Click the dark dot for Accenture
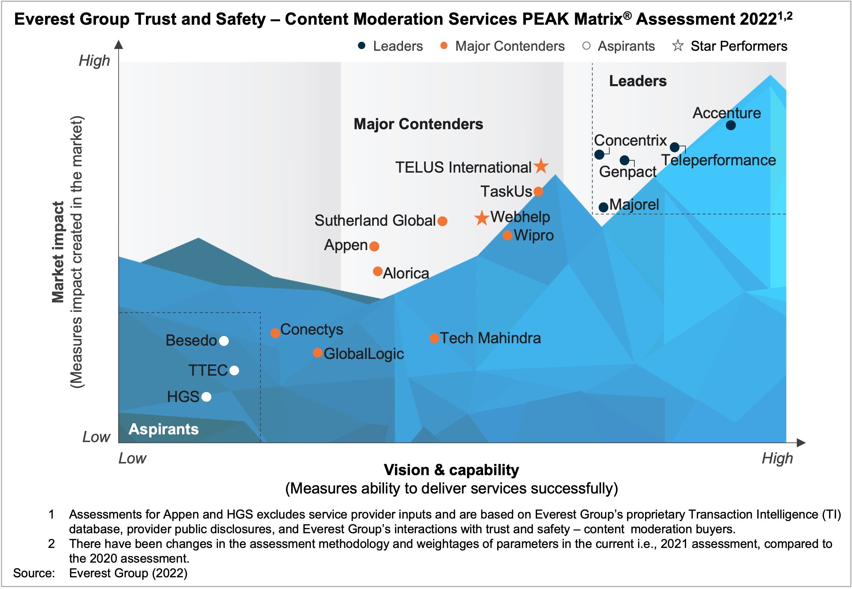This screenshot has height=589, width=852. click(730, 126)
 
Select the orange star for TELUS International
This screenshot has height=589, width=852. click(541, 166)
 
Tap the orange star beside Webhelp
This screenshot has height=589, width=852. click(481, 218)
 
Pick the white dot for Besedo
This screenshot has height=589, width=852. click(224, 341)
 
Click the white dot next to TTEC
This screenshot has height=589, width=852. click(234, 370)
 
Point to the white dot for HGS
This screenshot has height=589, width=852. click(207, 397)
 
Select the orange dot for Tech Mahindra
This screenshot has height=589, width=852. click(434, 338)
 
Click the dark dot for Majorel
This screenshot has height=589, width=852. click(603, 207)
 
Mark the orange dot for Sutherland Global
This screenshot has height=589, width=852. click(442, 221)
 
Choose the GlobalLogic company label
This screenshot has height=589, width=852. click(364, 354)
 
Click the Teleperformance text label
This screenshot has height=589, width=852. click(718, 161)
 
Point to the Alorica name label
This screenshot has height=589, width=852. click(406, 273)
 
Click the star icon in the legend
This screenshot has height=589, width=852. click(678, 46)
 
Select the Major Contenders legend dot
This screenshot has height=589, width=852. click(444, 46)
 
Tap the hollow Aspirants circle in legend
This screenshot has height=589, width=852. click(586, 46)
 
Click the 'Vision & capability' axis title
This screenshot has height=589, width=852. click(451, 470)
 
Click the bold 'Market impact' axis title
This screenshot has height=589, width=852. click(58, 252)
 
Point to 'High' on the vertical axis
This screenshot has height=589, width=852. click(94, 60)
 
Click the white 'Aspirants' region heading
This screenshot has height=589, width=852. click(164, 429)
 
